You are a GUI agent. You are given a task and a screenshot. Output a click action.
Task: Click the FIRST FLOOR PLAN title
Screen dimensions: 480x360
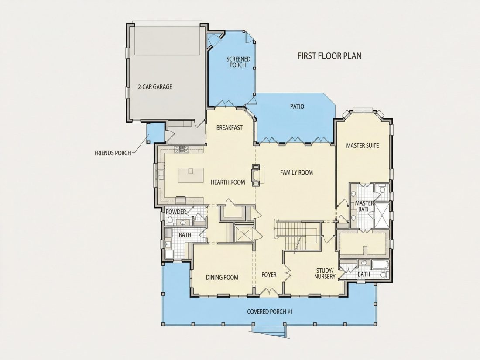(x=329, y=56)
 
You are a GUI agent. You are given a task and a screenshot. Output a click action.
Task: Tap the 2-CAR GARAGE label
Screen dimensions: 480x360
(x=155, y=87)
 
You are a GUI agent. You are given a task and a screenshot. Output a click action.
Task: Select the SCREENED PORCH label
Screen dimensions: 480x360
(x=238, y=62)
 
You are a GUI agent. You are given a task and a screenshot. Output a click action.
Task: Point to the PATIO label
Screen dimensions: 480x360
(x=297, y=106)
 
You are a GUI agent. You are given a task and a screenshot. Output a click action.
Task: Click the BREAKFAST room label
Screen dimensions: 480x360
(x=229, y=127)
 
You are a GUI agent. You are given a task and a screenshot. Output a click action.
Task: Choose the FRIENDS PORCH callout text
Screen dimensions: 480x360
(x=113, y=153)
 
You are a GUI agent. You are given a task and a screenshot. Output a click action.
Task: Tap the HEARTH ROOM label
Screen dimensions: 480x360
(x=228, y=182)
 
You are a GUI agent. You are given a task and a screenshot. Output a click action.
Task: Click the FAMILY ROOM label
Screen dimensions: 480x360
(x=296, y=172)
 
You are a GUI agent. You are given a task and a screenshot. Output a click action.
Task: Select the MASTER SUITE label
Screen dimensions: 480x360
(x=363, y=145)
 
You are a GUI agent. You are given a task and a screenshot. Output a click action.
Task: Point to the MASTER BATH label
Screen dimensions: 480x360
(x=364, y=206)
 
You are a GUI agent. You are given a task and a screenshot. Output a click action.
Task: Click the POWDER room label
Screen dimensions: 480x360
(x=176, y=212)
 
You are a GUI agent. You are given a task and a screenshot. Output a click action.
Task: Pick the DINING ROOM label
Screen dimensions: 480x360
(x=222, y=278)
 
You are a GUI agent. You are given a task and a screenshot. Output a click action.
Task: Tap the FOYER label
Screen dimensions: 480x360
(x=269, y=274)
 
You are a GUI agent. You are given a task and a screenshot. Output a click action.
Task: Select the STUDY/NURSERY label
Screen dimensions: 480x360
(x=325, y=273)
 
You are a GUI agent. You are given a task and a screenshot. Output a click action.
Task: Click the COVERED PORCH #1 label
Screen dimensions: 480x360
(x=270, y=312)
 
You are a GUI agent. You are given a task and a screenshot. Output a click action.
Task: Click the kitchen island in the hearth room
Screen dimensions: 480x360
(x=191, y=175)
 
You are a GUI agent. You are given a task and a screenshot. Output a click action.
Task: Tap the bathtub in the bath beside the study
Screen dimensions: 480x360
(x=380, y=265)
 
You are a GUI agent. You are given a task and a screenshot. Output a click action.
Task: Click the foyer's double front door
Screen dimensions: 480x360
(x=269, y=292)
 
